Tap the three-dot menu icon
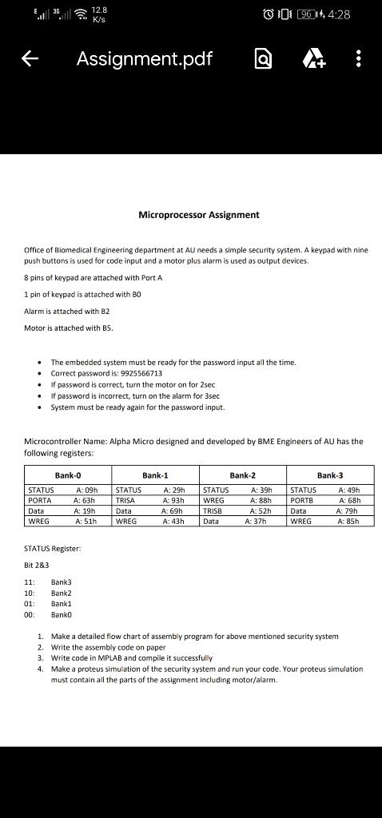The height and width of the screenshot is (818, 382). [359, 60]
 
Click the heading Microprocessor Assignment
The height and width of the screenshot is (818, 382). [198, 215]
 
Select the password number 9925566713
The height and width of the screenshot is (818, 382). [141, 373]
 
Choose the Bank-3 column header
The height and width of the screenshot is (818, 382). [329, 475]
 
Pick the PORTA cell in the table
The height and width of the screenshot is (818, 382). [40, 500]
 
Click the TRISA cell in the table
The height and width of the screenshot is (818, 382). [128, 500]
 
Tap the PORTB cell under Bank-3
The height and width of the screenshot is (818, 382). [304, 500]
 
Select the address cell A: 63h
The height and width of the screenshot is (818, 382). [85, 500]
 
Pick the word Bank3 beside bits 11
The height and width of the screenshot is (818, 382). [62, 582]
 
